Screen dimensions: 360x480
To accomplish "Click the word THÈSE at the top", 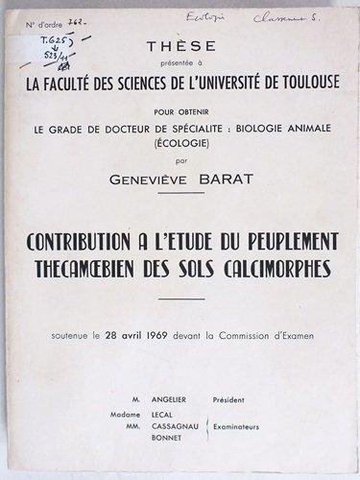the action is click(x=180, y=45).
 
